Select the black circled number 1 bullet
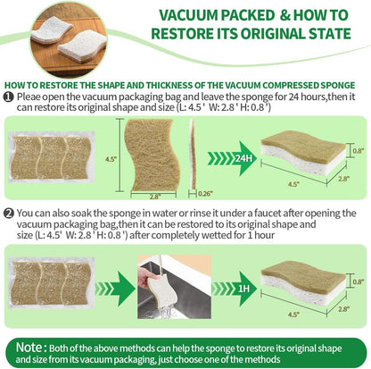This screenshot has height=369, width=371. click(8, 96)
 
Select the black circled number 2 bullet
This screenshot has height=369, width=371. click(8, 214)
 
